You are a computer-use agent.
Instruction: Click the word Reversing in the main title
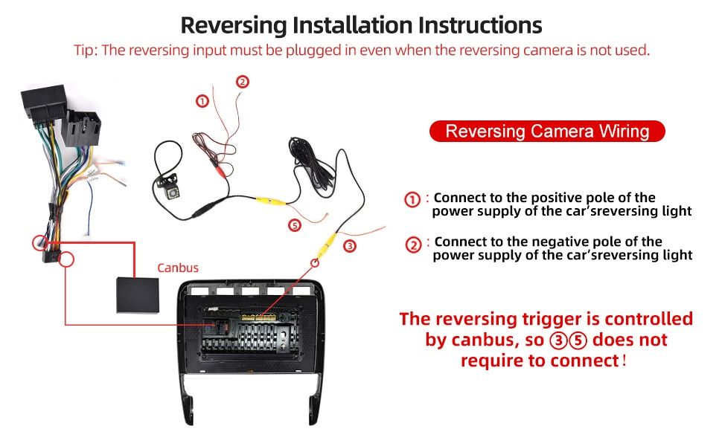point(234,26)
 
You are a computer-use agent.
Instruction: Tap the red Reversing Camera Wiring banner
point(547,132)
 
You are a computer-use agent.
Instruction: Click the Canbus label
point(178,268)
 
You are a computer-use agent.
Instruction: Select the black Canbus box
point(138,295)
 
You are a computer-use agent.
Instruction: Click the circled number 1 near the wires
point(202,100)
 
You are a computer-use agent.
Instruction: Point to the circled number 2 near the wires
point(243,82)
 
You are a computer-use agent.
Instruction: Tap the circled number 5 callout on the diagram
point(295,224)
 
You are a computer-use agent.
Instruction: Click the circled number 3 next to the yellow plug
point(350,246)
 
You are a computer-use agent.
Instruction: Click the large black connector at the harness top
point(44,102)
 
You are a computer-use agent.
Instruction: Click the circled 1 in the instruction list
point(412,199)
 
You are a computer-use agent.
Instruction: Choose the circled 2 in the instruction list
point(414,244)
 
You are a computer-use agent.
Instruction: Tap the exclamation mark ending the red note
point(624,360)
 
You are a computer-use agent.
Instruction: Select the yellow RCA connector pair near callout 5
point(271,201)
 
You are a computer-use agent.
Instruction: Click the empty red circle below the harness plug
point(67,259)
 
